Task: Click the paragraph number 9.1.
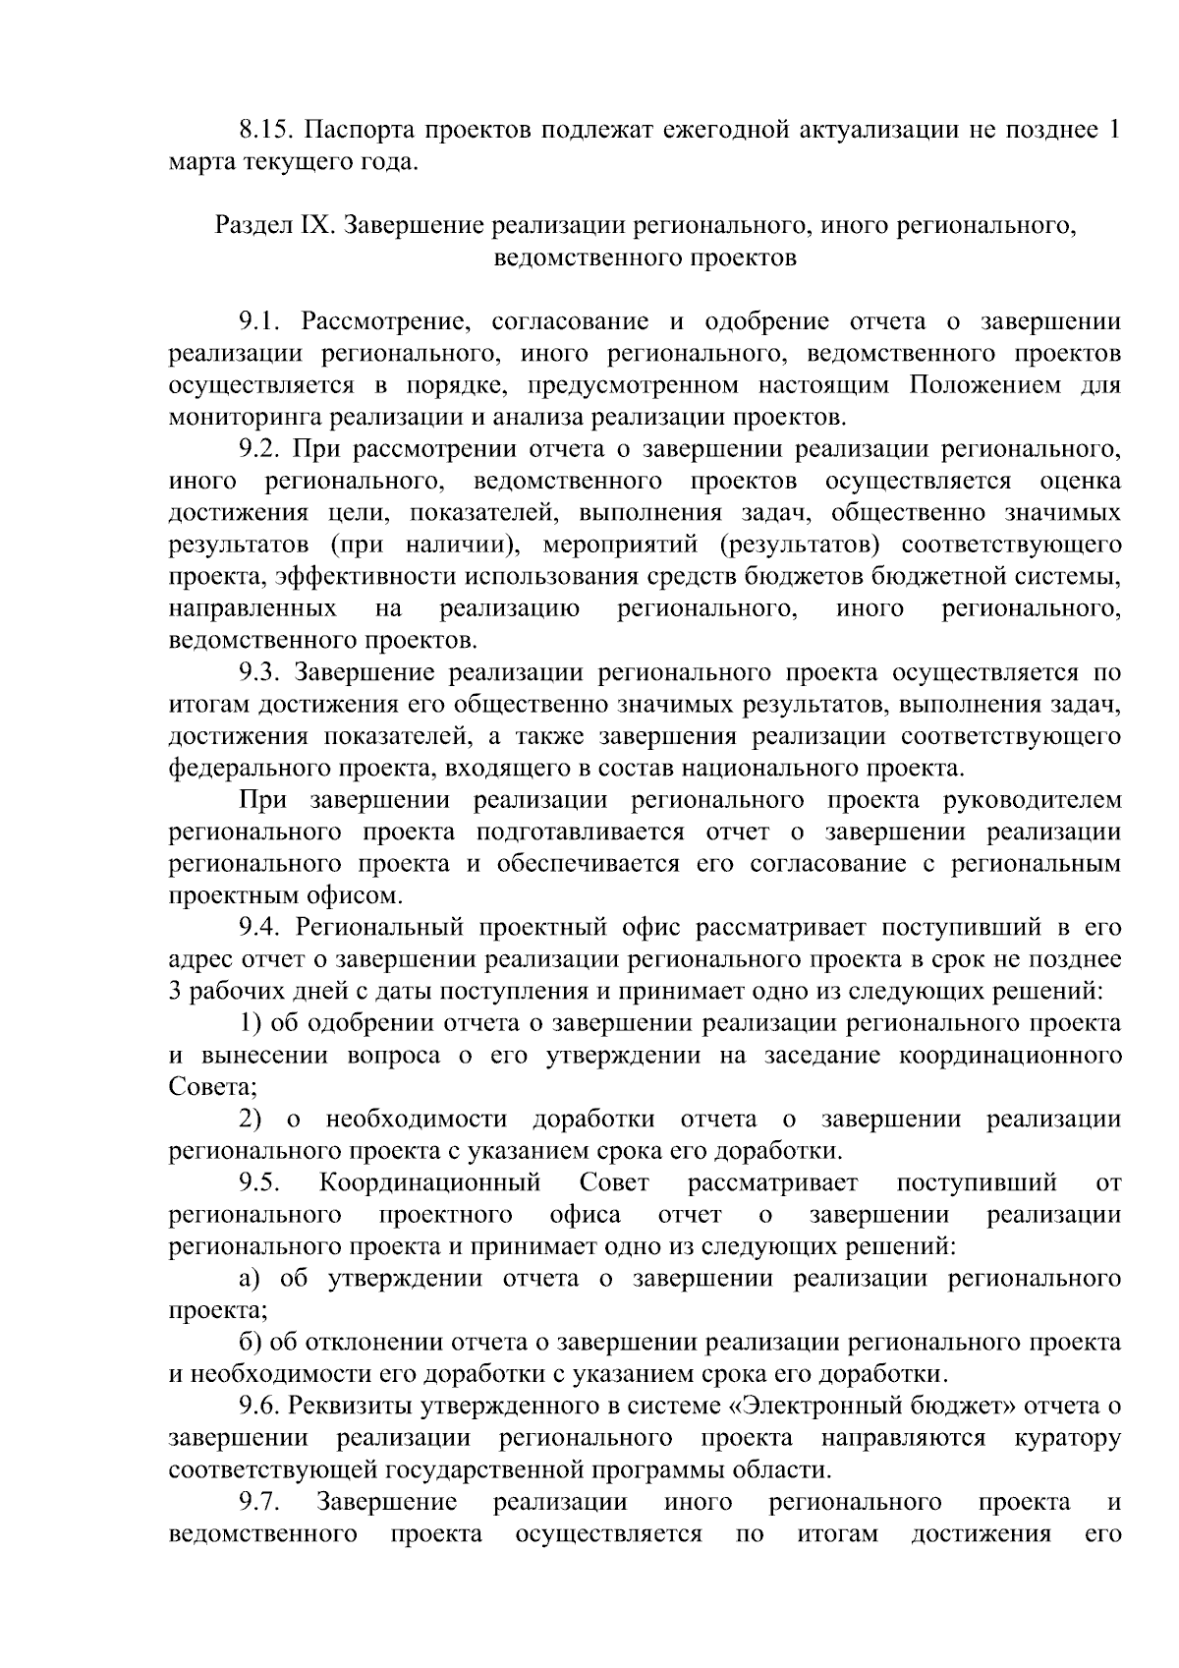259,321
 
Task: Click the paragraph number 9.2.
260,449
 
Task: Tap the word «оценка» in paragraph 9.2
1080,482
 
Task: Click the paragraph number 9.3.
259,673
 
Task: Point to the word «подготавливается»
580,833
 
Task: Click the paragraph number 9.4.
260,928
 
